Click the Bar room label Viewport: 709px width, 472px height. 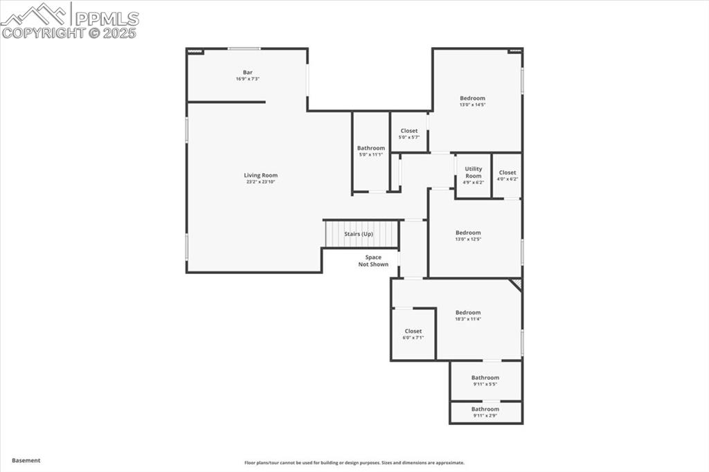click(x=247, y=73)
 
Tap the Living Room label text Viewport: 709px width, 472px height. click(x=260, y=176)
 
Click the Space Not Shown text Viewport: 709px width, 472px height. click(x=373, y=261)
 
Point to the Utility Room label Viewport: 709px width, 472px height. click(x=473, y=172)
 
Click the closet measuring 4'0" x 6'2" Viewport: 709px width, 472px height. click(x=507, y=176)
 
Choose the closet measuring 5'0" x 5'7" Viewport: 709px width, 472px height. click(x=409, y=134)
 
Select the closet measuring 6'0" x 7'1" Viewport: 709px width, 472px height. click(x=413, y=334)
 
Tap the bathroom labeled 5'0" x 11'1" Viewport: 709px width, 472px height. click(x=370, y=151)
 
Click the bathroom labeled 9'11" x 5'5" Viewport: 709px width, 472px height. click(x=485, y=381)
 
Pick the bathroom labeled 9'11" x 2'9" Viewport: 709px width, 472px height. click(x=485, y=412)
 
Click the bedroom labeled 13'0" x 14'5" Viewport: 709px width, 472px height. click(x=472, y=101)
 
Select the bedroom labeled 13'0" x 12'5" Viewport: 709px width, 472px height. click(x=468, y=235)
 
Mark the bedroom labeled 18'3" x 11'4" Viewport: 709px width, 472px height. click(x=468, y=316)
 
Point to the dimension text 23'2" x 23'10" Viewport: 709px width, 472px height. click(x=260, y=182)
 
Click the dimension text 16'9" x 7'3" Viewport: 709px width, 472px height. click(x=247, y=79)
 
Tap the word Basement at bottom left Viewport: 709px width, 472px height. click(x=26, y=460)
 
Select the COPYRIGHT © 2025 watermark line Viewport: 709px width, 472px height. click(x=69, y=33)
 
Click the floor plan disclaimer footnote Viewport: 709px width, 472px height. click(x=354, y=463)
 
